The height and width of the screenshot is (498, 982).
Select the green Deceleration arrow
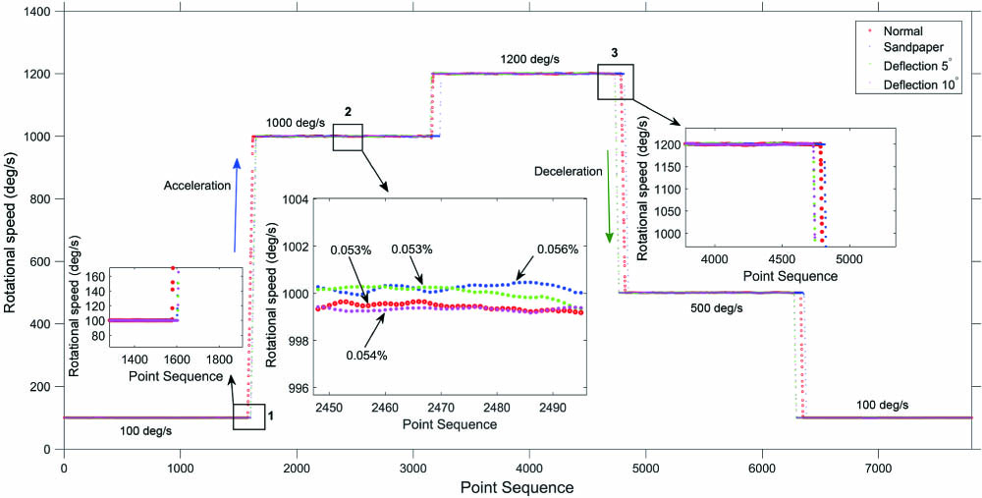pyautogui.click(x=609, y=196)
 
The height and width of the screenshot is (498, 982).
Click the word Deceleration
pyautogui.click(x=567, y=171)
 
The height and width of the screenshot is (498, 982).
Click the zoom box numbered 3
pyautogui.click(x=617, y=82)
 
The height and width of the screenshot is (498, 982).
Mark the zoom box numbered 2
pyautogui.click(x=348, y=138)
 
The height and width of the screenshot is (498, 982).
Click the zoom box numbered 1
pyautogui.click(x=248, y=416)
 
